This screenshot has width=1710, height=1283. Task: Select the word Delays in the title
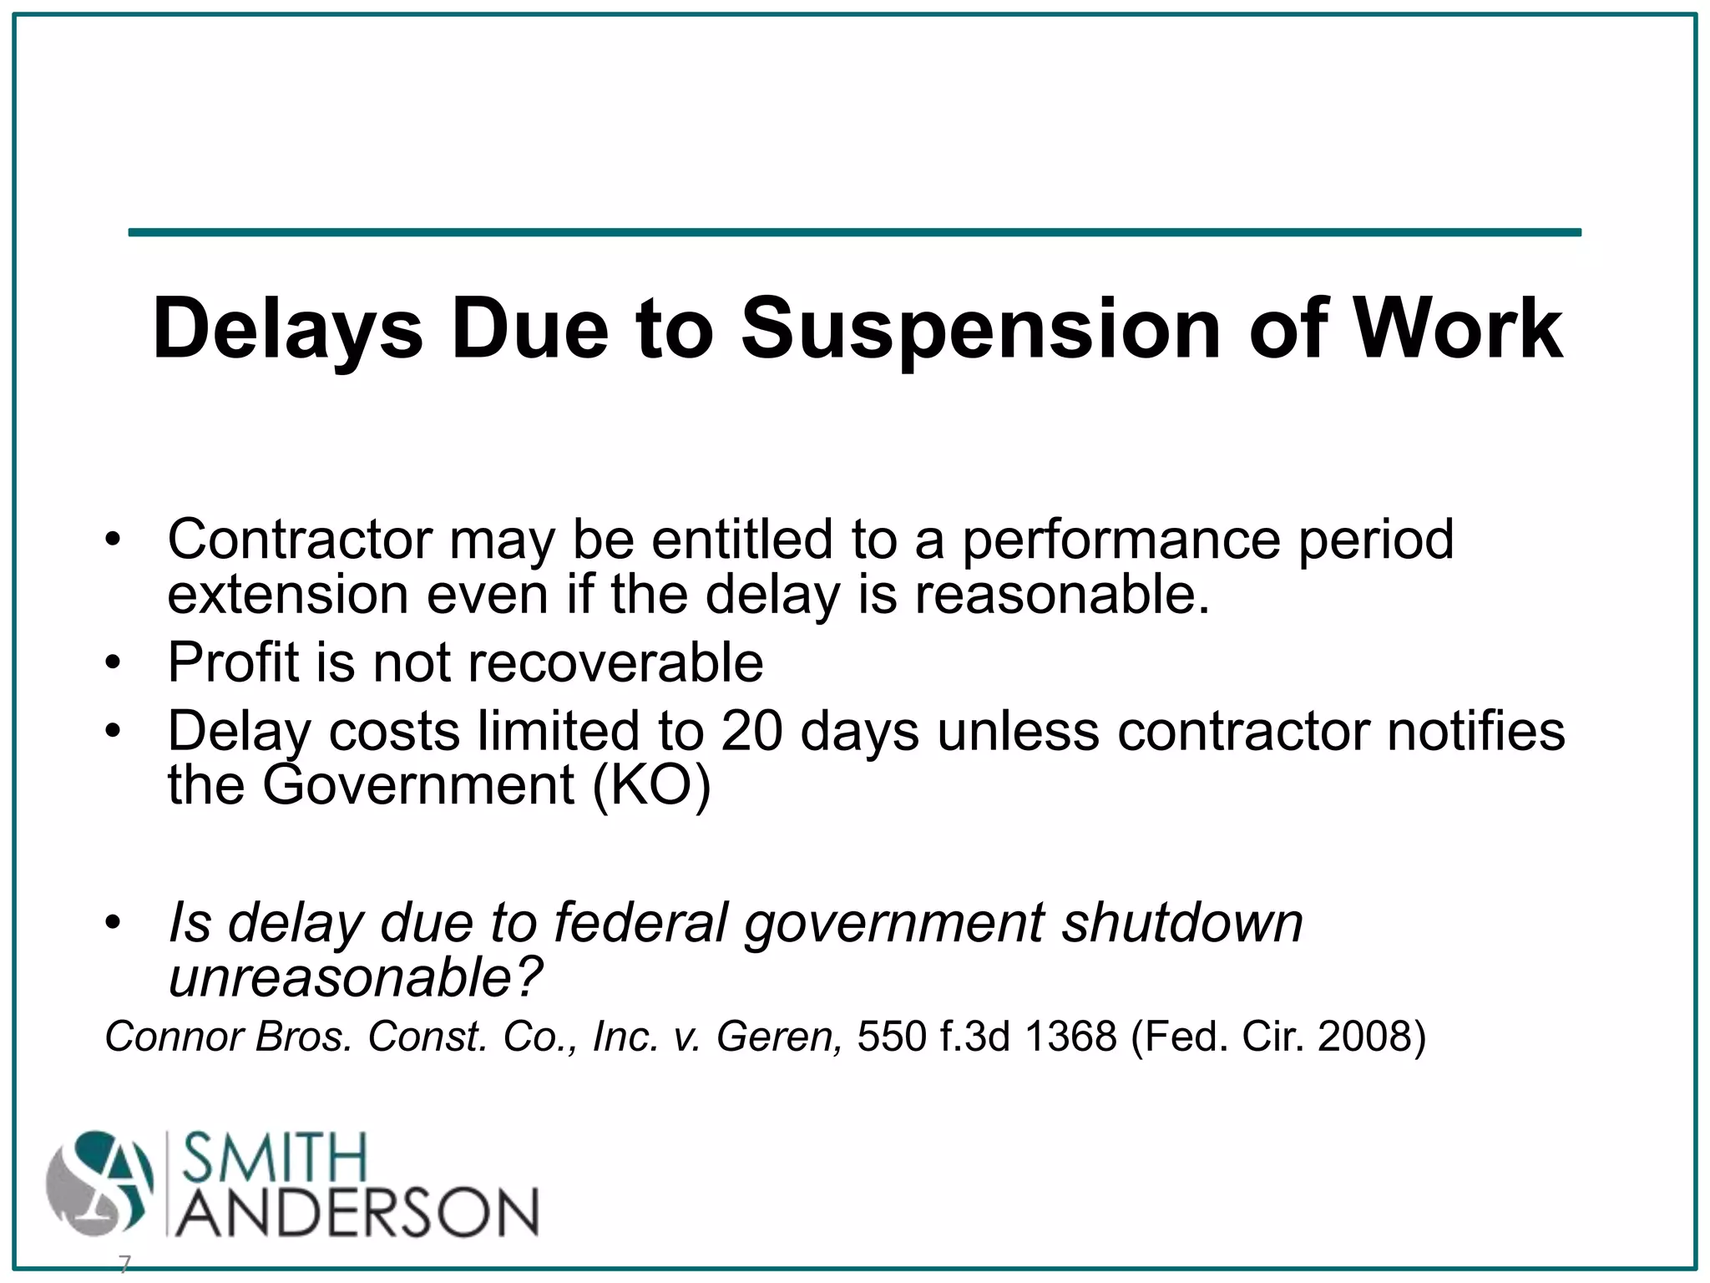(x=288, y=331)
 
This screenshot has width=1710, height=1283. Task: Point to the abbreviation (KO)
(x=651, y=785)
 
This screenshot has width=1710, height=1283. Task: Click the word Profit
(x=233, y=662)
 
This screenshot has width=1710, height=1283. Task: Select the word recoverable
(x=615, y=662)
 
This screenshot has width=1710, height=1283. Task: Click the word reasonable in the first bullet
(x=1061, y=595)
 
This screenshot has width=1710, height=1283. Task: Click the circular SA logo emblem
(x=99, y=1184)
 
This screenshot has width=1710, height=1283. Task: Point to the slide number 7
(x=124, y=1265)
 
